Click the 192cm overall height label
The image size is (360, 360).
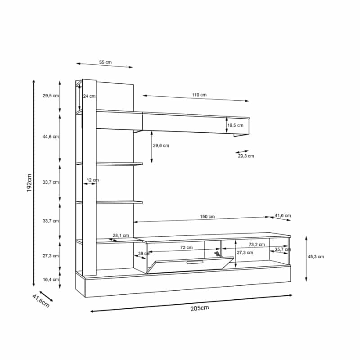click(x=29, y=183)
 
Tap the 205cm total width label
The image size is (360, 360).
click(x=200, y=308)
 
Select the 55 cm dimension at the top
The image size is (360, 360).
click(x=105, y=62)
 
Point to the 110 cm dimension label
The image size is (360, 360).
click(x=199, y=95)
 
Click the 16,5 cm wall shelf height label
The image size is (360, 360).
click(x=235, y=126)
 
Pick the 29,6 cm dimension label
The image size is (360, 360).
click(x=161, y=145)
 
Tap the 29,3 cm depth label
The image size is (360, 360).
click(x=246, y=156)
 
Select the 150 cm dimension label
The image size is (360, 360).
click(x=207, y=216)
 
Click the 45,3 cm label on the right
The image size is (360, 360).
click(x=316, y=256)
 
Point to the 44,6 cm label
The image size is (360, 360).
click(x=51, y=137)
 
